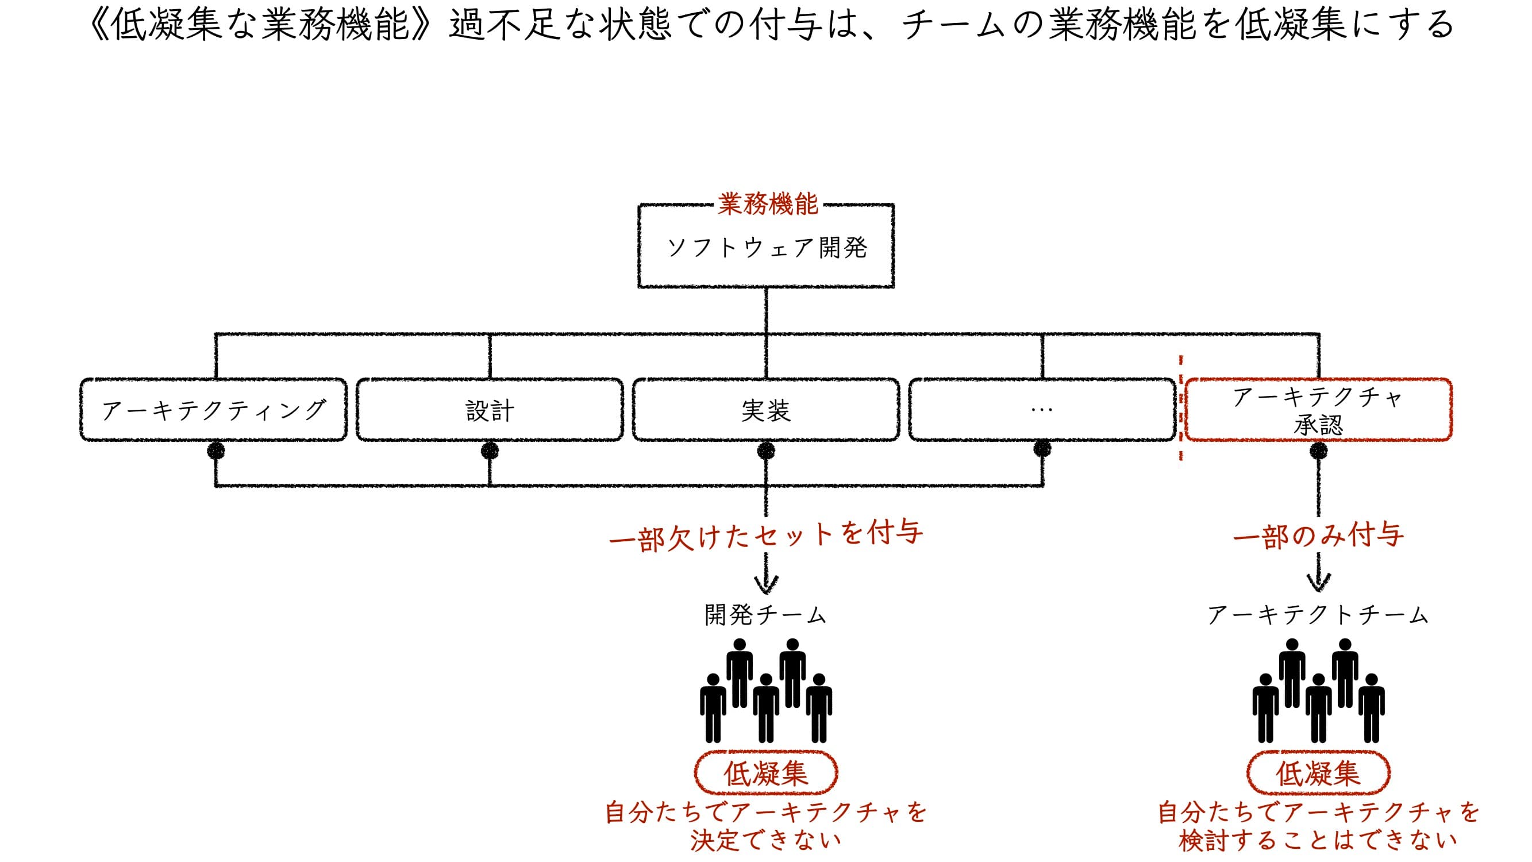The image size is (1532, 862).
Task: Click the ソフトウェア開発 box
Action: (x=766, y=247)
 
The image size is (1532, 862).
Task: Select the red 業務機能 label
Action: (x=768, y=204)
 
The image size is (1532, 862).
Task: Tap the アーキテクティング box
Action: (x=214, y=410)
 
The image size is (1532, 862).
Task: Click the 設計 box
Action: (x=490, y=410)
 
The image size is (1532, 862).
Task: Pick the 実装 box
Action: (x=766, y=410)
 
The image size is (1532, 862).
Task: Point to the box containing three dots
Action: (x=1042, y=410)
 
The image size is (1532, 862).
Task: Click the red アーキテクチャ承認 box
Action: (x=1318, y=410)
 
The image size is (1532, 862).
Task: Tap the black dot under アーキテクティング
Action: (x=216, y=451)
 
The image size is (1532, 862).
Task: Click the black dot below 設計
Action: (x=490, y=451)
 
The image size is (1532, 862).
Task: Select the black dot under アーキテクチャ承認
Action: (x=1318, y=451)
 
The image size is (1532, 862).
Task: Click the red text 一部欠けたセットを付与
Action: (x=766, y=535)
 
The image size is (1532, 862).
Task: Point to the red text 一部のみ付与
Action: (x=1318, y=536)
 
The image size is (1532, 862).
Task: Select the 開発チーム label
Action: (x=766, y=615)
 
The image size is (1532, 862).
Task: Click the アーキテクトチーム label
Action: (x=1318, y=615)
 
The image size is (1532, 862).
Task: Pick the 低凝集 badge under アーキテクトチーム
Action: (x=1318, y=773)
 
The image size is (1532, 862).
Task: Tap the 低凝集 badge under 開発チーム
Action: (x=766, y=773)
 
